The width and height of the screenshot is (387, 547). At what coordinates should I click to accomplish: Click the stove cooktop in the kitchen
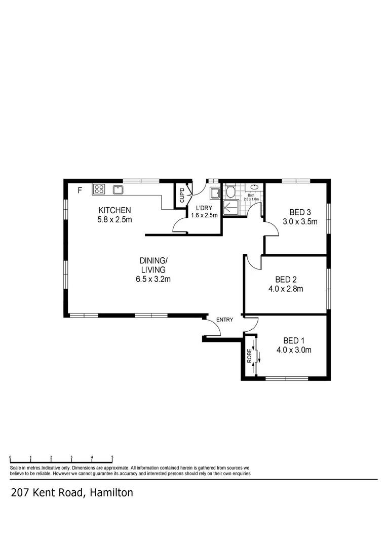[x=98, y=189]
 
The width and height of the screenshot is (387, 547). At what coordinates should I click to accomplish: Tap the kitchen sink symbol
[x=118, y=190]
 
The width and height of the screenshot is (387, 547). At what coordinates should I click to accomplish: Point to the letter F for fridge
[x=79, y=190]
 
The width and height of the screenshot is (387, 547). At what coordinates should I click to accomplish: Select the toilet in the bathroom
[x=230, y=192]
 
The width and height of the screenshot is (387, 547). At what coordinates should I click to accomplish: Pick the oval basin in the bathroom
[x=254, y=187]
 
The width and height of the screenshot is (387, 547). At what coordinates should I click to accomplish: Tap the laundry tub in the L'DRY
[x=214, y=192]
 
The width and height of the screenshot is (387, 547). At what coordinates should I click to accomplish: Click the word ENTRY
[x=224, y=320]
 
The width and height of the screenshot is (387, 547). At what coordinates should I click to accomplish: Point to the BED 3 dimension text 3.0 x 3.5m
[x=300, y=221]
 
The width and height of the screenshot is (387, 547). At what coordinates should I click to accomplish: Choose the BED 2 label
[x=286, y=280]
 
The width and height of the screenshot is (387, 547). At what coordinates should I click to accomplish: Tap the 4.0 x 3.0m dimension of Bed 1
[x=294, y=349]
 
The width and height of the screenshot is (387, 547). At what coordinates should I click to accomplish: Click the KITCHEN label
[x=115, y=210]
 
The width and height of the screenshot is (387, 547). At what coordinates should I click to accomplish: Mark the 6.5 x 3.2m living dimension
[x=153, y=279]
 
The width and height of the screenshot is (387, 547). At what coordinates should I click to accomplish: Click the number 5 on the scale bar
[x=112, y=457]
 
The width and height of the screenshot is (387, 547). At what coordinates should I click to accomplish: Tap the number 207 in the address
[x=19, y=492]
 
